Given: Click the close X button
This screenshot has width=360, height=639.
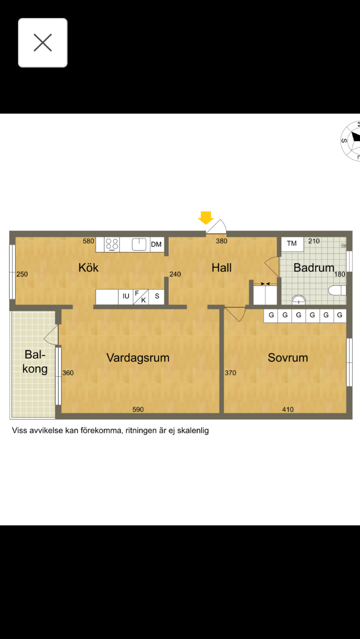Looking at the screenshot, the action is (43, 43).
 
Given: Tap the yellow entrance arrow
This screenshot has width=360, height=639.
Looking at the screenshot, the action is (206, 218).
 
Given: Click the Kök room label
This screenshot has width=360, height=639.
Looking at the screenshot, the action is (88, 268).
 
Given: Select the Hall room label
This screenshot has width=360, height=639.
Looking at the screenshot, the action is (222, 268).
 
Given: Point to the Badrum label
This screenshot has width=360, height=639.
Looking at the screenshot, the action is (314, 268).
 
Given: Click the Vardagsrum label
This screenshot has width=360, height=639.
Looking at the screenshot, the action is (138, 358).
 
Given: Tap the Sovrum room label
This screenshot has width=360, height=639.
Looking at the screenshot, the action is (288, 358).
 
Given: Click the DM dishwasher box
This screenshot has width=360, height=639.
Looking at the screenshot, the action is (157, 245).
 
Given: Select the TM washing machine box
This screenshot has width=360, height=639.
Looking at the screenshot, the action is (292, 244).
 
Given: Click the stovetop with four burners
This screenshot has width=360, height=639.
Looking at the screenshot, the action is (112, 245).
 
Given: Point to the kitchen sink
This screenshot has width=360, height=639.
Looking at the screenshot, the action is (139, 245).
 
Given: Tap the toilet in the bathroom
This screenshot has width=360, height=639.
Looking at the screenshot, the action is (337, 290).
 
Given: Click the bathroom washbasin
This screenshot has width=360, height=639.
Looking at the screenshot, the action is (300, 300).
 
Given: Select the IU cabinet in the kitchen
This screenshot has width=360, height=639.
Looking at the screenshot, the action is (126, 296).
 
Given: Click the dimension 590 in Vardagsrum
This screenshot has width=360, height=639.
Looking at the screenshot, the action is (138, 409).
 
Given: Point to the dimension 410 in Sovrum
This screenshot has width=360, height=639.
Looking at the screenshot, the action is (288, 409).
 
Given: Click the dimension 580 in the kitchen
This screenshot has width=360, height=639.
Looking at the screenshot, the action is (88, 241).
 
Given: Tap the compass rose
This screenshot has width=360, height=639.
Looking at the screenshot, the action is (350, 141).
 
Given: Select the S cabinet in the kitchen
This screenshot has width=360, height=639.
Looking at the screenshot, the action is (157, 296).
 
